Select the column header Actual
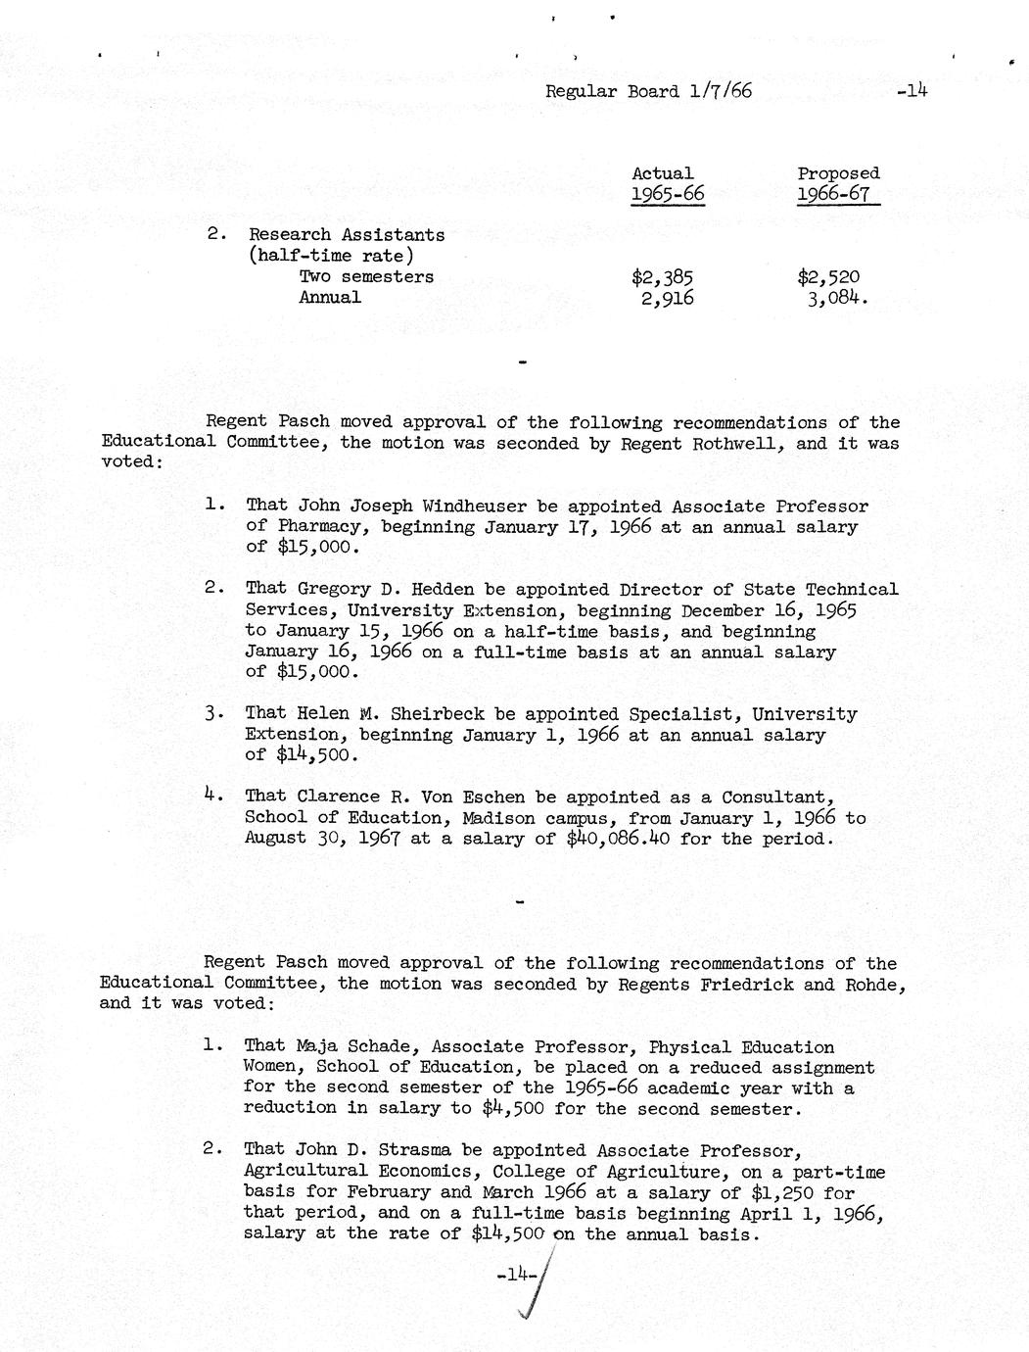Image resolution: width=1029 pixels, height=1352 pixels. point(662,173)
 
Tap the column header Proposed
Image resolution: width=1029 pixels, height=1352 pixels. point(838,173)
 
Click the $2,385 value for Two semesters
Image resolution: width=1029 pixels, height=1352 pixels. point(663,277)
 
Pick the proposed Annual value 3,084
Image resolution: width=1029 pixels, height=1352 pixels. point(834,298)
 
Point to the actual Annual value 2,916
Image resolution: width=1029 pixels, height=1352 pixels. point(667,298)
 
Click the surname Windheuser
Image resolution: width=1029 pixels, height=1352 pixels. point(476,507)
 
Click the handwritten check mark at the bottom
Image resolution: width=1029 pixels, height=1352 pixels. point(537,1293)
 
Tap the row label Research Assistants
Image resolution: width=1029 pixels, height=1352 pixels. point(347,235)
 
